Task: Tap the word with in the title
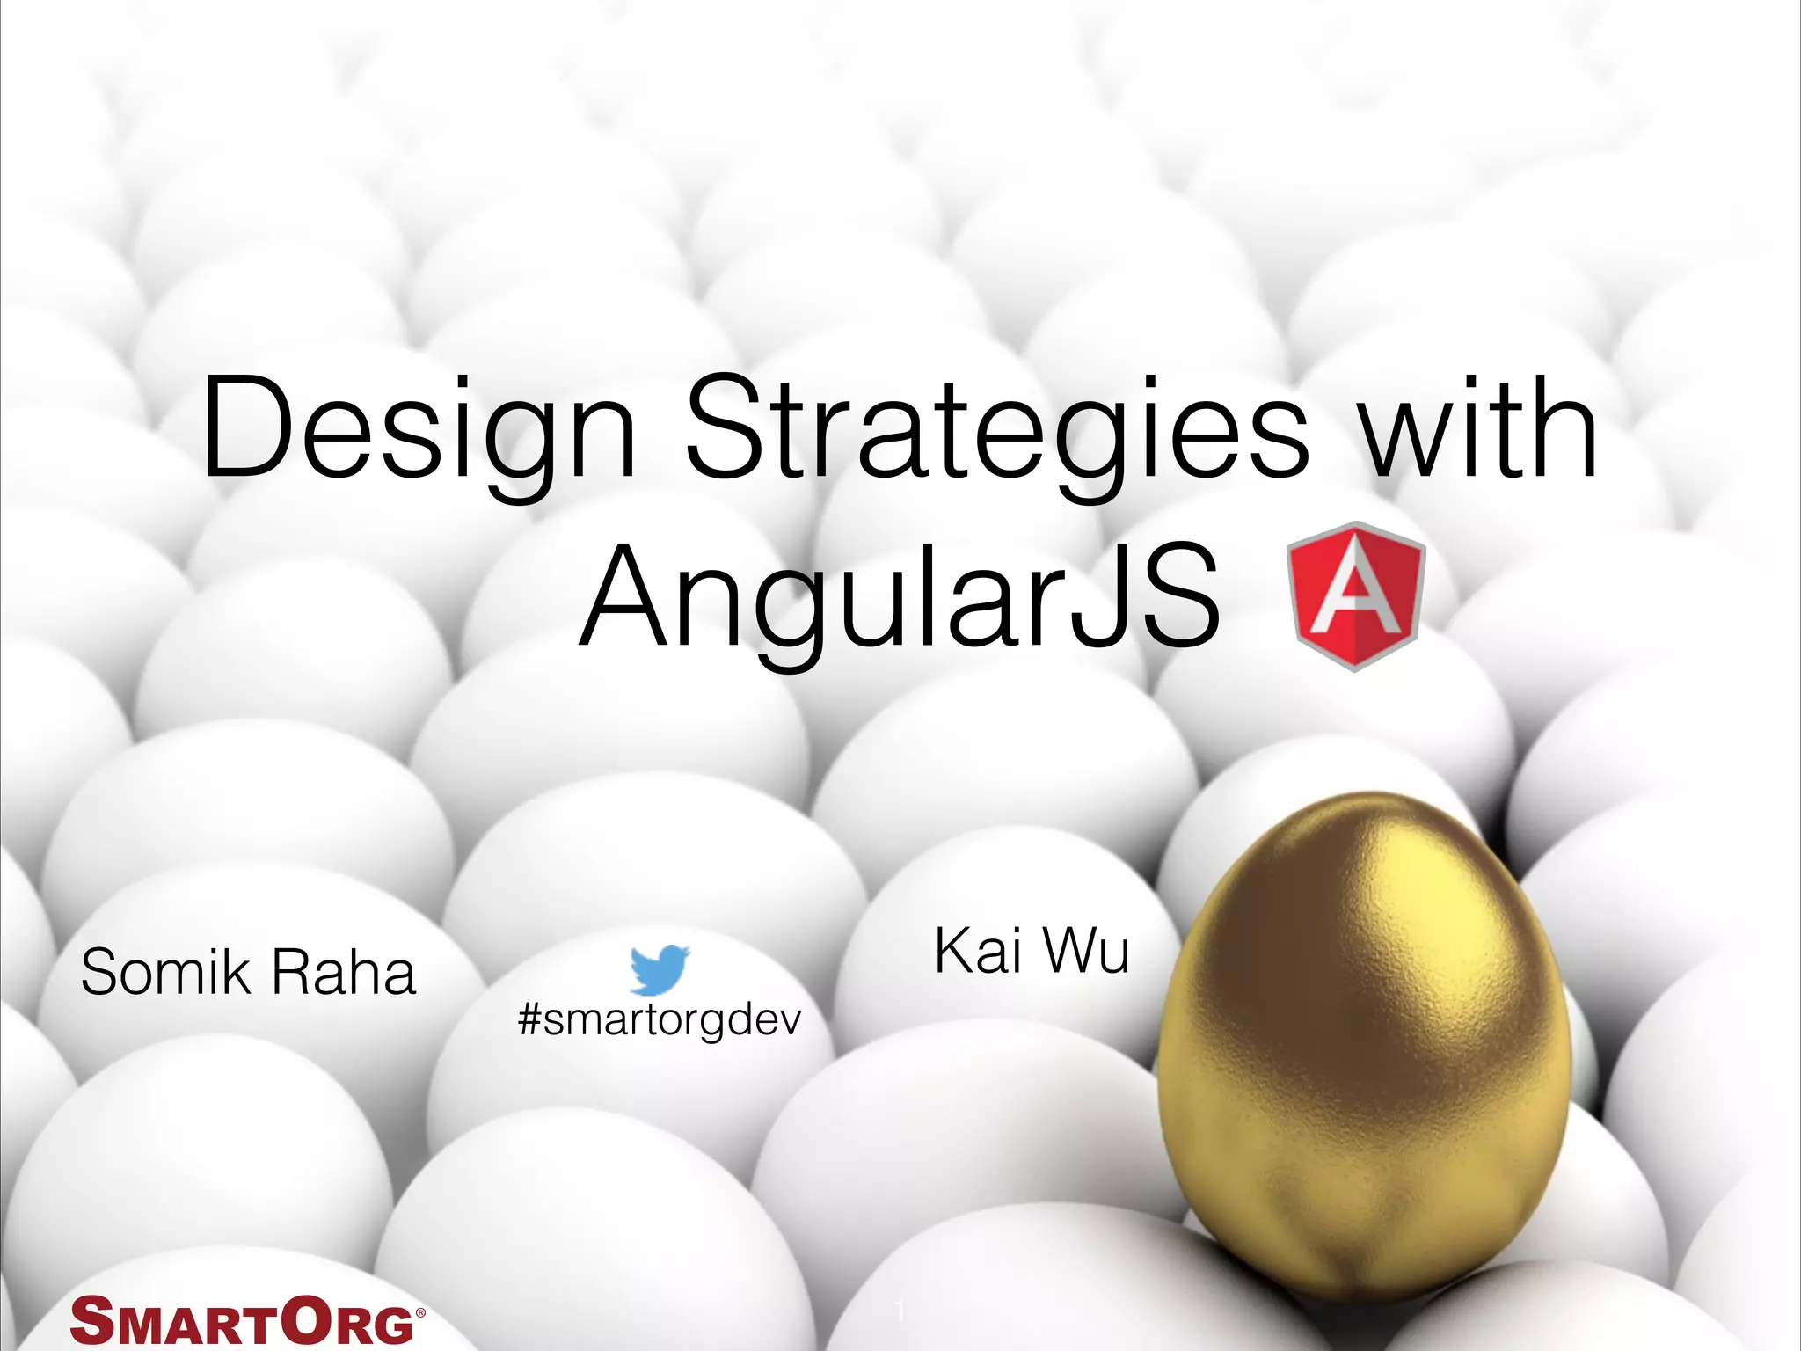click(x=1478, y=428)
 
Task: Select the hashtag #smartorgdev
click(x=660, y=1020)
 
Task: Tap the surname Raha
click(x=343, y=973)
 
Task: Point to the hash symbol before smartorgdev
click(x=530, y=1020)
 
